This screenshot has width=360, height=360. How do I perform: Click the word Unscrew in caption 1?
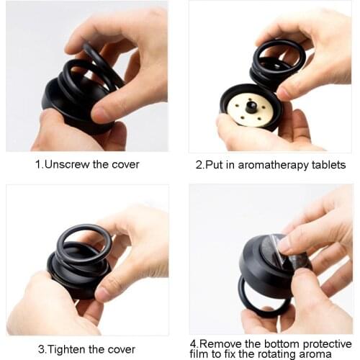point(63,164)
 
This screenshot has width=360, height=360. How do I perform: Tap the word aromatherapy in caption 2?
point(274,165)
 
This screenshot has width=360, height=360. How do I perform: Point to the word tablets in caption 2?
point(328,165)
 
